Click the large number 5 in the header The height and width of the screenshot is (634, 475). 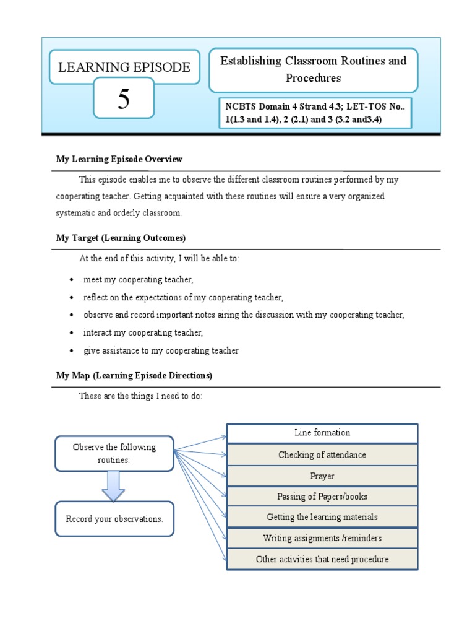click(x=124, y=99)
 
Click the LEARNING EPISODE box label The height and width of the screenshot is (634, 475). click(x=124, y=67)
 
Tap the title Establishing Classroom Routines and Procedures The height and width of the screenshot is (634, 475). click(x=313, y=69)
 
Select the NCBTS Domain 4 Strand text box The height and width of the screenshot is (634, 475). click(x=314, y=113)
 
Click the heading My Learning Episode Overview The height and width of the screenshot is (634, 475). click(x=119, y=159)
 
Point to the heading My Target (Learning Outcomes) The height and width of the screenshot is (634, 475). click(x=121, y=238)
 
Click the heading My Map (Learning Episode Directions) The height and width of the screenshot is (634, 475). click(x=134, y=375)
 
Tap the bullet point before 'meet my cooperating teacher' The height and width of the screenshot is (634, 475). click(x=72, y=280)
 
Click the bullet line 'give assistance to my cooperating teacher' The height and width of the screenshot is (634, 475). click(x=161, y=350)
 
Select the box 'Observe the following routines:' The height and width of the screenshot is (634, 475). click(x=114, y=454)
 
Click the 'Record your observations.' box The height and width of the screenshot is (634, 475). click(x=114, y=519)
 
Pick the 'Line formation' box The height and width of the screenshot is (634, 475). click(x=322, y=433)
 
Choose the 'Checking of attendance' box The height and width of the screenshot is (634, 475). click(x=322, y=454)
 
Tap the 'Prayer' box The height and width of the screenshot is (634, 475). click(x=322, y=475)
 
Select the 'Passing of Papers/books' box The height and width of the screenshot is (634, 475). click(x=322, y=496)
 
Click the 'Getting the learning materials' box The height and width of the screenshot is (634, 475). click(x=322, y=517)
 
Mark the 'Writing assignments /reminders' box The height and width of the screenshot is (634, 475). click(x=322, y=538)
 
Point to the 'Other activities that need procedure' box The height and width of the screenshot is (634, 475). click(x=322, y=559)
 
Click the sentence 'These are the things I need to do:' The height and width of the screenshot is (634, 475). click(x=140, y=396)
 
